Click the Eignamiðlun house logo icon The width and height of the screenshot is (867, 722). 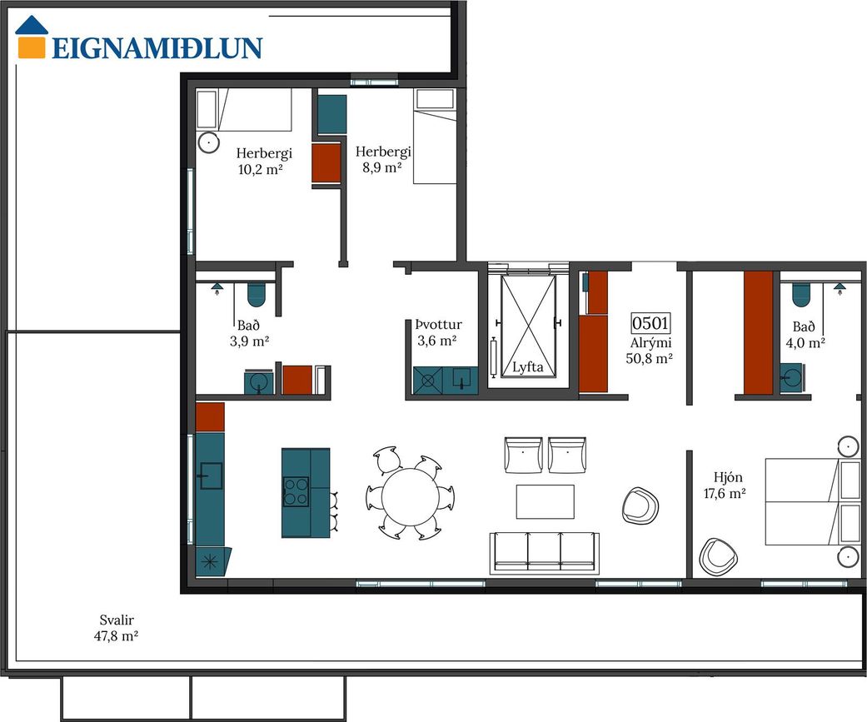pos(31,37)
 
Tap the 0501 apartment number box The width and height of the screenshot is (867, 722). pos(650,323)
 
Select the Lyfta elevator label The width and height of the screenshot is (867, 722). pos(527,367)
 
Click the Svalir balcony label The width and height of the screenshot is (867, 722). pos(117,620)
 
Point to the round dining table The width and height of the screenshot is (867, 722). pos(410,497)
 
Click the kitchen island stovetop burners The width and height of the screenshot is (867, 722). pos(296,491)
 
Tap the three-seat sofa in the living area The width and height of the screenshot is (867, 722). pos(544,553)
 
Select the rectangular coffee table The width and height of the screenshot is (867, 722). pos(546,501)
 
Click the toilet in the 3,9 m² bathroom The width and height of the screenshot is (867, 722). pos(256,294)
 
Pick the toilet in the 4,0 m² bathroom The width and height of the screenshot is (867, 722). pos(801,294)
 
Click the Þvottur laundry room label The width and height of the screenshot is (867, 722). pos(438,325)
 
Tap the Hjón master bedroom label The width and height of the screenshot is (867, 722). pos(728,477)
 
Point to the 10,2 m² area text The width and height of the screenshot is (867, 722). pos(261,169)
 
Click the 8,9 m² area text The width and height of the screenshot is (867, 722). pos(382,167)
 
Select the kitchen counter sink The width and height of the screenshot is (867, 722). pos(211,476)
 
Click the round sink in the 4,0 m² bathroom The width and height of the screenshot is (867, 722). pos(791,377)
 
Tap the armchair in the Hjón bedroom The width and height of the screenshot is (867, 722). pos(718,557)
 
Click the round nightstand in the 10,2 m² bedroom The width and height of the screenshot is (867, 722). pos(208,142)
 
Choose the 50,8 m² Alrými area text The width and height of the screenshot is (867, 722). pos(649,359)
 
